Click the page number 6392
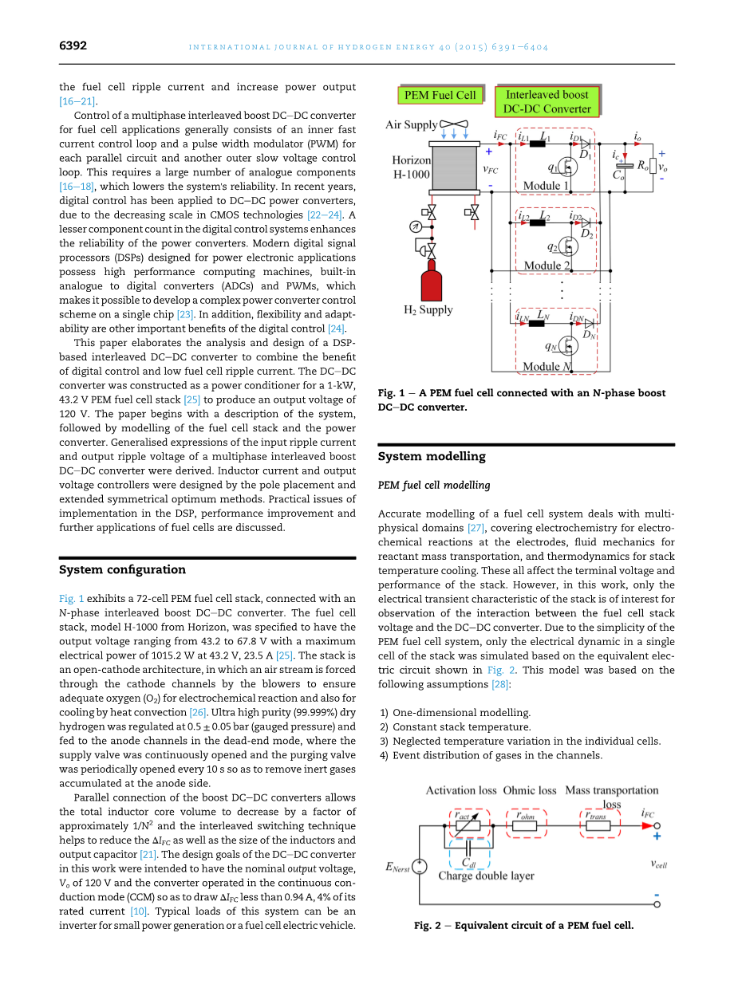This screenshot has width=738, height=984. click(73, 46)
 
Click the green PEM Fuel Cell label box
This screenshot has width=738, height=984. click(440, 96)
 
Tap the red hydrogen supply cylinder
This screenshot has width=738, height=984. click(432, 285)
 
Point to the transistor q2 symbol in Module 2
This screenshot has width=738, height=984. click(568, 245)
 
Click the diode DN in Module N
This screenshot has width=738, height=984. click(590, 323)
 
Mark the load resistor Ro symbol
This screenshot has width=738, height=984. click(653, 166)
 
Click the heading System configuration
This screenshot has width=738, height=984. click(122, 569)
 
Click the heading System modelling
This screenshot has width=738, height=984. click(431, 457)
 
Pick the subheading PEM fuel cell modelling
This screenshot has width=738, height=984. click(434, 485)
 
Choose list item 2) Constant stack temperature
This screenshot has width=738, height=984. click(455, 727)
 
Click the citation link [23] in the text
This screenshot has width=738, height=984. click(185, 315)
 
